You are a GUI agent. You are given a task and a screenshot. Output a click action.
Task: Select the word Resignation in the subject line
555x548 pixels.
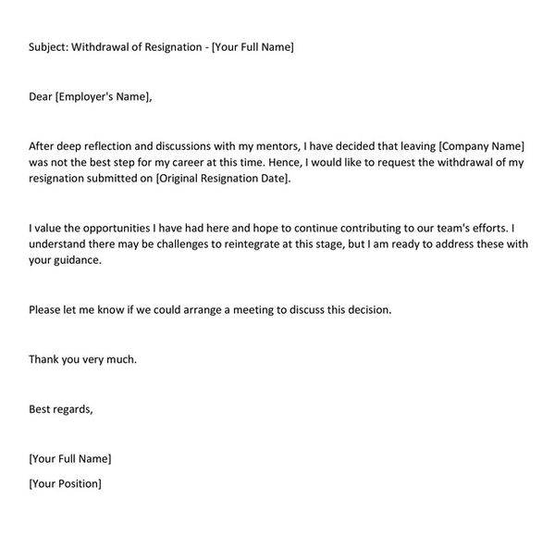177,46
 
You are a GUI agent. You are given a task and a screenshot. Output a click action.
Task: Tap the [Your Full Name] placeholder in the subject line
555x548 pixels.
253,46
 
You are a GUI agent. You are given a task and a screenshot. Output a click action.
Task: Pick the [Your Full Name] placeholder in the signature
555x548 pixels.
70,458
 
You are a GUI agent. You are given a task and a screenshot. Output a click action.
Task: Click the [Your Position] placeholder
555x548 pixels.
66,482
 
